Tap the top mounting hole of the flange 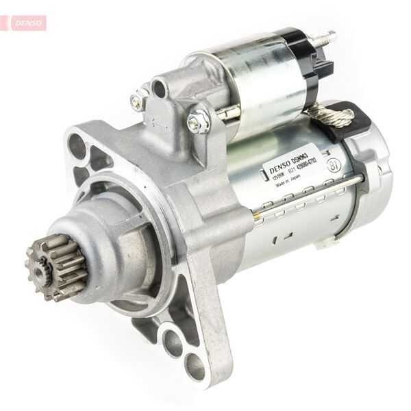pyautogui.click(x=77, y=146)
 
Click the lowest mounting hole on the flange pyautogui.click(x=195, y=366)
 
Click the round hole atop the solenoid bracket pyautogui.click(x=160, y=88)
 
